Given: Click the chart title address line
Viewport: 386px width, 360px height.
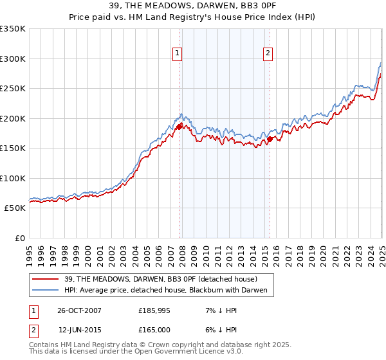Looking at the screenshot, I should coord(193,7).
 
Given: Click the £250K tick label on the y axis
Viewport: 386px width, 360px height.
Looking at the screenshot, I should coord(13,89).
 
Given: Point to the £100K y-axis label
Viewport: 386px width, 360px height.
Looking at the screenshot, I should coord(13,178).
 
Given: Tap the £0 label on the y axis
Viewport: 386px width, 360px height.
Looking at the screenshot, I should coord(20,238).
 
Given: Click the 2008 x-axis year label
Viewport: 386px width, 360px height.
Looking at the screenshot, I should coord(182,253).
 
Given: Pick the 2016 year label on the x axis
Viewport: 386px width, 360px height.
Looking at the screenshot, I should coord(276,253).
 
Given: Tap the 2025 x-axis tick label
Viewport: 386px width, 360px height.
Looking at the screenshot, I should coord(381,253).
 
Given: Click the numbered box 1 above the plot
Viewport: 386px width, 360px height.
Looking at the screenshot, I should coord(176,54).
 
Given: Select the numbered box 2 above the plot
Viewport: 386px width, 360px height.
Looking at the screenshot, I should coord(267,54).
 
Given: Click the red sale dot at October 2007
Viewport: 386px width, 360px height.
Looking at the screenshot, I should coord(179,127).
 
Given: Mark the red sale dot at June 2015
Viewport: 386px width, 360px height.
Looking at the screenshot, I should coord(270,139).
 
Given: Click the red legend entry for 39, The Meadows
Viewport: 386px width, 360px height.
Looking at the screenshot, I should coord(161,279).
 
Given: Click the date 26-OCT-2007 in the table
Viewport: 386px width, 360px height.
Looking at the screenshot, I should coord(79,310).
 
